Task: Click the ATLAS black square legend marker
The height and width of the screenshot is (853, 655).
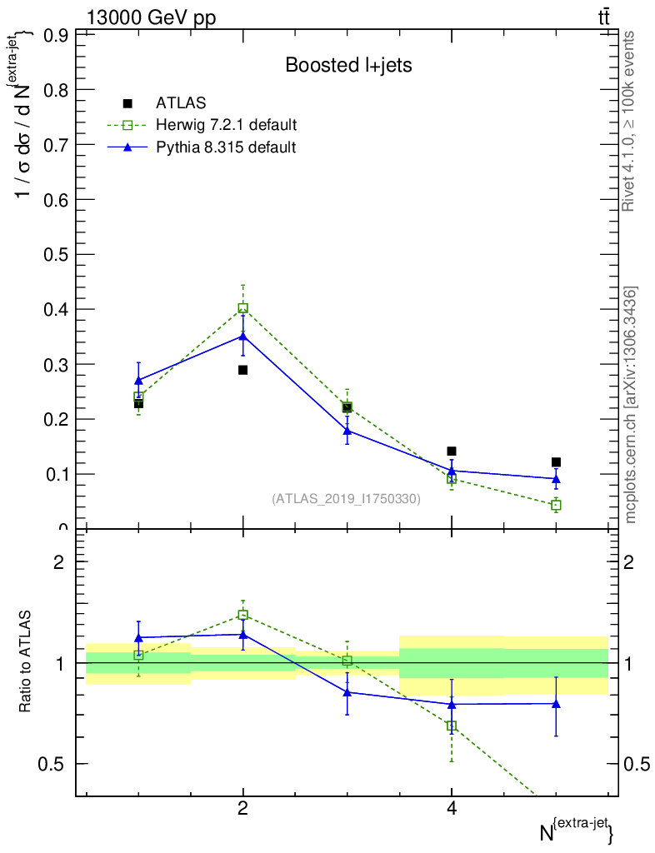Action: pos(127,103)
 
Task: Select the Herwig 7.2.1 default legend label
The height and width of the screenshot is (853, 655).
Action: pos(226,125)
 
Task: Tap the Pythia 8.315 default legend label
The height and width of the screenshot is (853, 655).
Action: pos(226,147)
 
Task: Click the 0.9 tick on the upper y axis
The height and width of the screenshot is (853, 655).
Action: pos(56,35)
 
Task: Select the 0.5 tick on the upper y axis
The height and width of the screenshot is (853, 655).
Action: pos(56,255)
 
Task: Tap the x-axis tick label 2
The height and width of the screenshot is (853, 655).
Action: pos(242,808)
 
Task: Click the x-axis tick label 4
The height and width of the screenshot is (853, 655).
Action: pos(452,808)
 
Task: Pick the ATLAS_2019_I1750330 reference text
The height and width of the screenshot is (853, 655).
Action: pos(346,499)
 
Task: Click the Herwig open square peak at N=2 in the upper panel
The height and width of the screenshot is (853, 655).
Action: pos(242,308)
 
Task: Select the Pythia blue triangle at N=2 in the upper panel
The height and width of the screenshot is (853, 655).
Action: pos(242,336)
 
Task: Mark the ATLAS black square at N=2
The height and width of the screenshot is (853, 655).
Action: pos(242,370)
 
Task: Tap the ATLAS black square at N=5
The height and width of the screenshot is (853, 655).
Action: pos(556,462)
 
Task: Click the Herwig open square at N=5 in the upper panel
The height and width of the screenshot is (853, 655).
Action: pos(556,505)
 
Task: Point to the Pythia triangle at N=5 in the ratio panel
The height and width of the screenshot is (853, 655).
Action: pos(556,703)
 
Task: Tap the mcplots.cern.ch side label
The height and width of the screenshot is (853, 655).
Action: pos(631,406)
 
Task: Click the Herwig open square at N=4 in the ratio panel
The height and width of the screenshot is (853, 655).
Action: pos(452,726)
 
